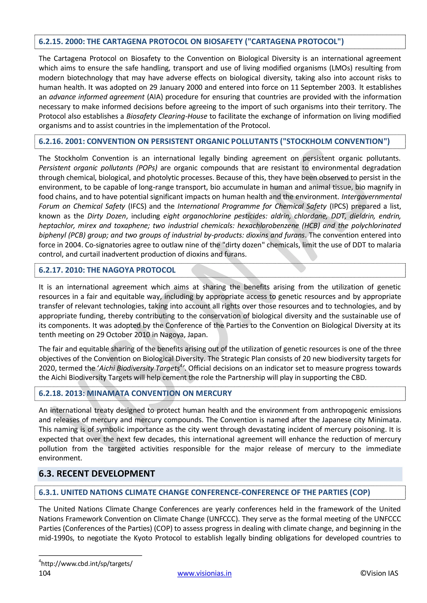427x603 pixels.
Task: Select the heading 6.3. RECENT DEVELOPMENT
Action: (97, 473)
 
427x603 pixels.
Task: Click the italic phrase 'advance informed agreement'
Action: (97, 97)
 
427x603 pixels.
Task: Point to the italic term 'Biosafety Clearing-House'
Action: (167, 116)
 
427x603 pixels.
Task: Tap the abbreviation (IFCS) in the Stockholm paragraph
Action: (137, 206)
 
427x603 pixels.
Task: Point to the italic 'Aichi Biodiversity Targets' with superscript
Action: (140, 368)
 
